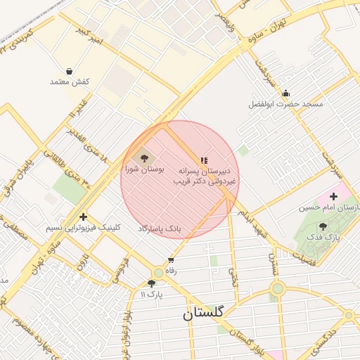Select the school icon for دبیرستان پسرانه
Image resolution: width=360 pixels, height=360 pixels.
(x=204, y=160)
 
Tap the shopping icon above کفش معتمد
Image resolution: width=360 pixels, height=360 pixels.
(x=70, y=71)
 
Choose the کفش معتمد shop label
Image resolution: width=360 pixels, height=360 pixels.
(x=70, y=82)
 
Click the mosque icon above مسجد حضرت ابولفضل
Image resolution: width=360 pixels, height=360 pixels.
(x=285, y=93)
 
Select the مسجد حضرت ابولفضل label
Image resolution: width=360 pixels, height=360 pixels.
(x=285, y=104)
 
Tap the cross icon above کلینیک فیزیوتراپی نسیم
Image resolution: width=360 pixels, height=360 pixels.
(x=84, y=217)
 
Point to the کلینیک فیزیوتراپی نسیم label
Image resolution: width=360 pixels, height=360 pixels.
(x=83, y=228)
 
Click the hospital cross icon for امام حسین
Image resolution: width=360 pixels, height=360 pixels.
(x=333, y=196)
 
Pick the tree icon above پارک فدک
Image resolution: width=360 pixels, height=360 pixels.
(x=323, y=226)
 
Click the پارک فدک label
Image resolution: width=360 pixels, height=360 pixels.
(x=323, y=238)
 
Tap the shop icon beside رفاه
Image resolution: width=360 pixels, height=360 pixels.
(x=171, y=259)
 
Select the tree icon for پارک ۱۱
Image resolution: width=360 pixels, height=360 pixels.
(x=151, y=283)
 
